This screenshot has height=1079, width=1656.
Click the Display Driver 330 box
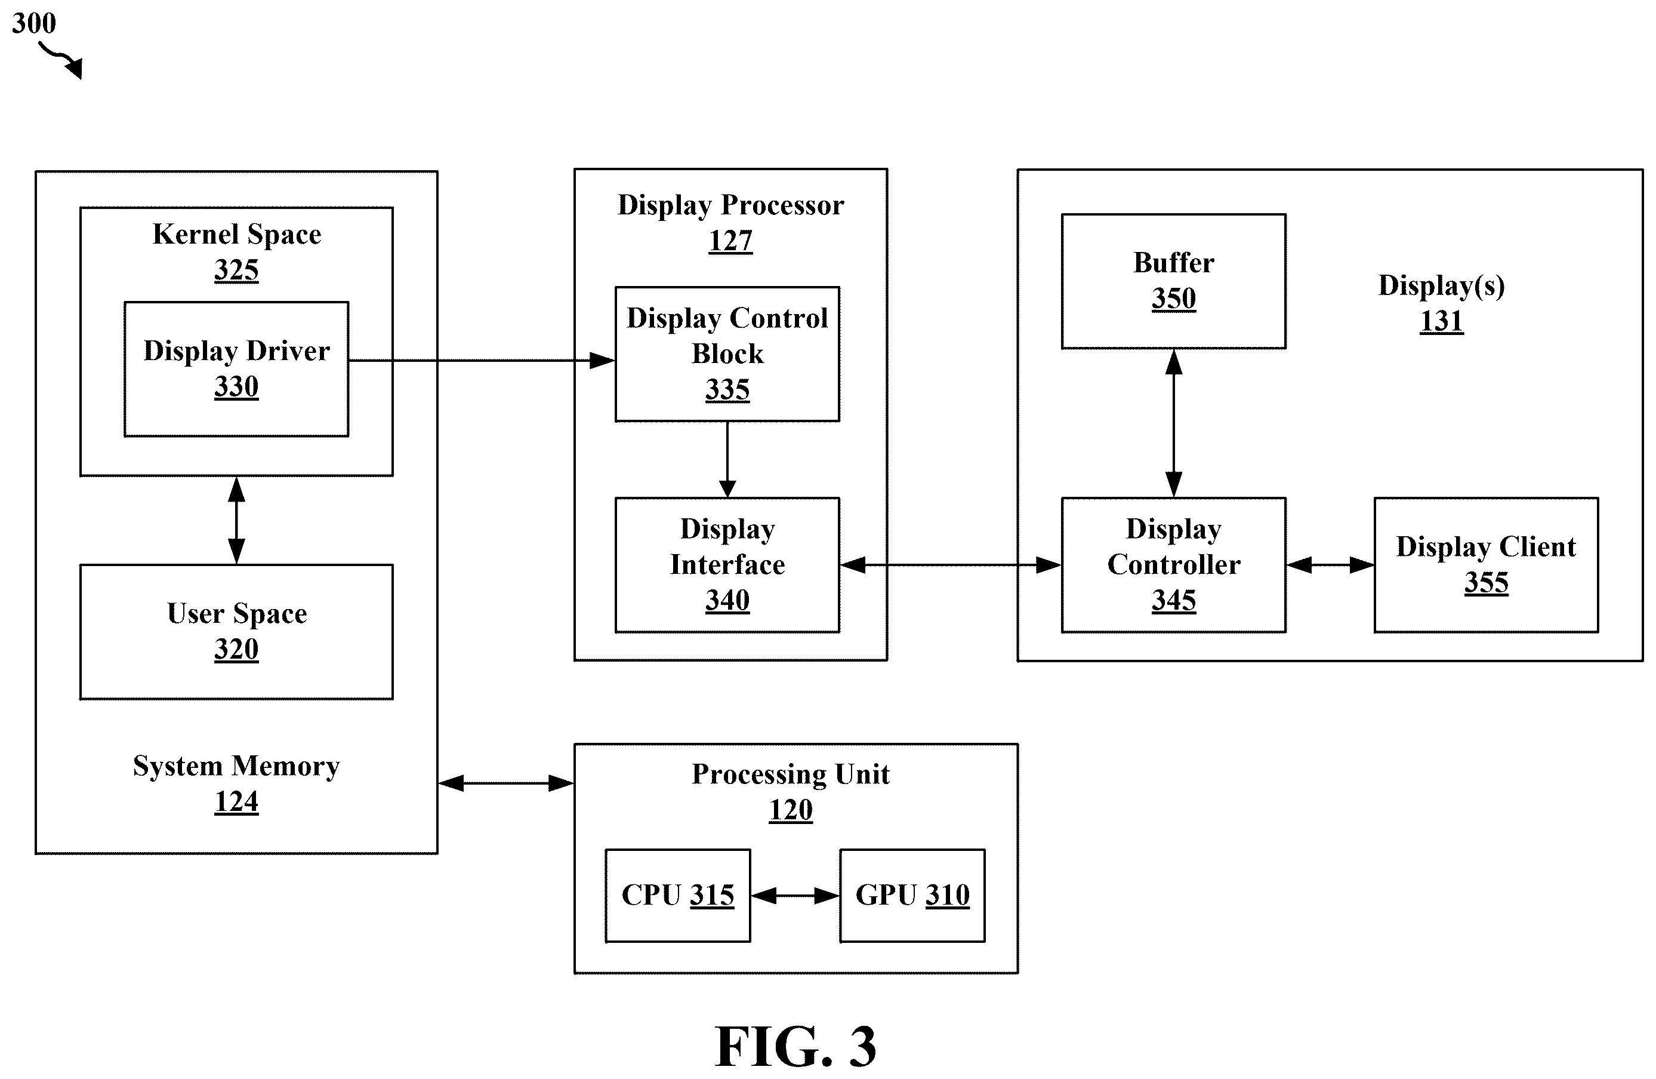(236, 369)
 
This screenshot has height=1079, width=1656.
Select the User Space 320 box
(236, 631)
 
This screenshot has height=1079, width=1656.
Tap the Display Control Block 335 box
(727, 353)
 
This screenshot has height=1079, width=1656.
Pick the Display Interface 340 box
(727, 564)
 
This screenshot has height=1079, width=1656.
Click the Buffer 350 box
(1173, 281)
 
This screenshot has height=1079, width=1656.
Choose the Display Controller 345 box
(1173, 564)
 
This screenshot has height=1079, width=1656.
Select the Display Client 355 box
(1487, 564)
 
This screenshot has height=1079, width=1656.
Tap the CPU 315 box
(678, 895)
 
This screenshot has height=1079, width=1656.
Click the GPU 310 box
(912, 895)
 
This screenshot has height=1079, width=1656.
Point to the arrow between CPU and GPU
(795, 895)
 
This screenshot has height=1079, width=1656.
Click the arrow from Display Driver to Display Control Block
(482, 361)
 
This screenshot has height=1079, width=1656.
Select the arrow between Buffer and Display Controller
(1174, 423)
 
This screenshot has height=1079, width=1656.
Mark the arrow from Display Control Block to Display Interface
(727, 459)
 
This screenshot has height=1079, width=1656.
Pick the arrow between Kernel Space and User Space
(236, 520)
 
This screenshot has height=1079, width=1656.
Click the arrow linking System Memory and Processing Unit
(506, 783)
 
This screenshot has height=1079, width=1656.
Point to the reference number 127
(730, 241)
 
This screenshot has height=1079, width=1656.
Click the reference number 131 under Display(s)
(1442, 321)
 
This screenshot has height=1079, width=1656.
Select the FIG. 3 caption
(796, 1046)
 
